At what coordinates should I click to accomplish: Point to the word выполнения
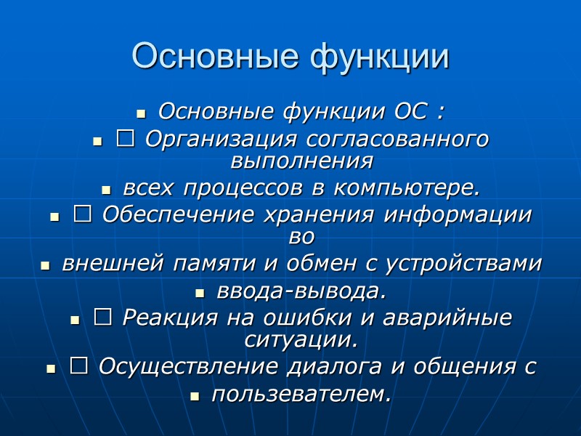click(x=302, y=158)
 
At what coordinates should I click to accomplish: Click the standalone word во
click(x=301, y=236)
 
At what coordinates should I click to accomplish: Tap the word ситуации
click(x=301, y=339)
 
